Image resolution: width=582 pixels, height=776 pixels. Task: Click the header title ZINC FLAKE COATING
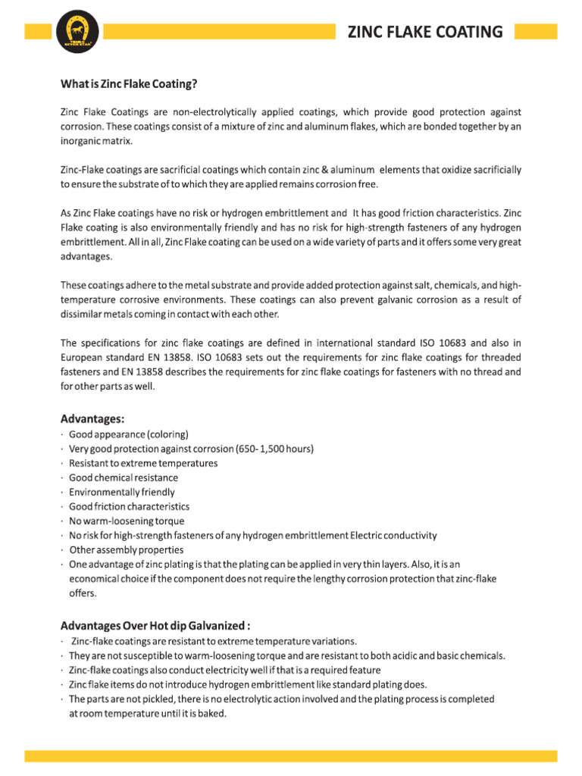(x=424, y=32)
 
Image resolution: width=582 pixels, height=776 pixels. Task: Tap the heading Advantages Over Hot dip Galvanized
(x=155, y=626)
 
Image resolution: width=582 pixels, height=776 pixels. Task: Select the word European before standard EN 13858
(x=82, y=357)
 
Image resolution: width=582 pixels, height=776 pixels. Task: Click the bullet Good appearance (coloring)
(x=128, y=435)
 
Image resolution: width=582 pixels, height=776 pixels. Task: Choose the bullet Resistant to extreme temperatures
(x=143, y=464)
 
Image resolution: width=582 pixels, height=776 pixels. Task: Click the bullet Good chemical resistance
(x=124, y=478)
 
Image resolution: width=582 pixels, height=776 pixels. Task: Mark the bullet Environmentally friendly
(x=121, y=493)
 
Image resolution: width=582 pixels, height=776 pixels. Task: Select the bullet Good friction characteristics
(x=129, y=507)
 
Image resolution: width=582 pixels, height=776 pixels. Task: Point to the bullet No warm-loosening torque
(x=127, y=521)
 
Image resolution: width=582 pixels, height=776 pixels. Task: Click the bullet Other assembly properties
(x=127, y=550)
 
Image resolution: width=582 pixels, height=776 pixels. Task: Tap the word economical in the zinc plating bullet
(x=93, y=579)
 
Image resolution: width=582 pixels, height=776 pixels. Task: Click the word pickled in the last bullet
(x=162, y=699)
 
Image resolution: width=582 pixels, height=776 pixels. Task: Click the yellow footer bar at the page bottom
(x=291, y=756)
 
